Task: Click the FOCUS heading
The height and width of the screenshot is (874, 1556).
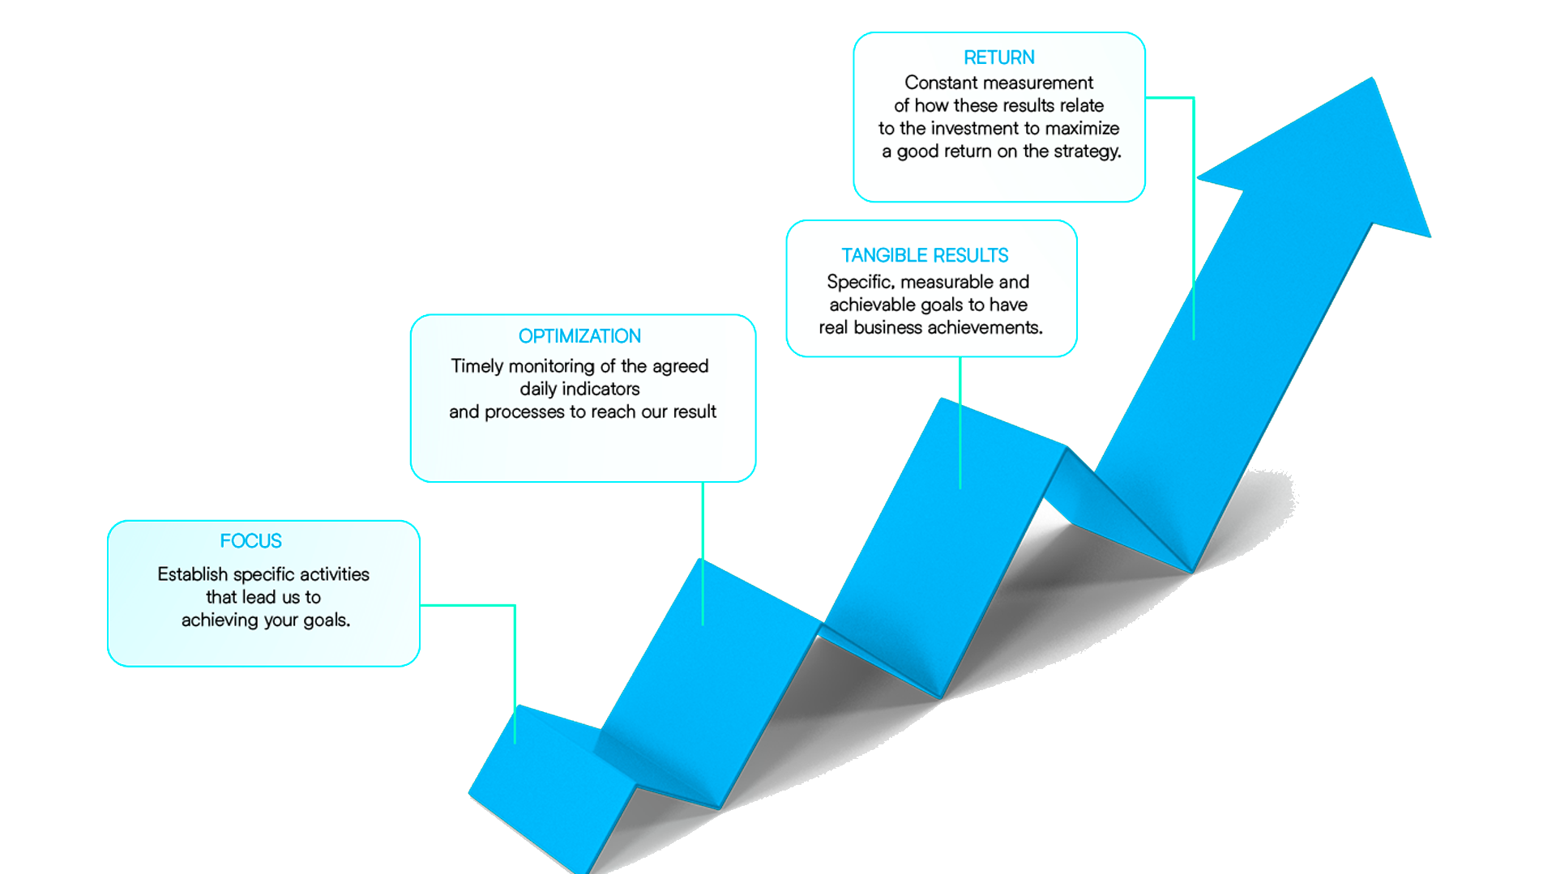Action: click(250, 541)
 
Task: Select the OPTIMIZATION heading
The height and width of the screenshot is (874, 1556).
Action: click(579, 336)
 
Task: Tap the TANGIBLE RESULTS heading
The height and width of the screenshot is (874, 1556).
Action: click(925, 256)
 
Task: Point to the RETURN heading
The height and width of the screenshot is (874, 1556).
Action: click(998, 58)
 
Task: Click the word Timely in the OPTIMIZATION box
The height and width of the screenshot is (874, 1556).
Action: click(477, 366)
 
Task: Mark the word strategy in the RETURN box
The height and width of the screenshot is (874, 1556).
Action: click(1088, 151)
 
